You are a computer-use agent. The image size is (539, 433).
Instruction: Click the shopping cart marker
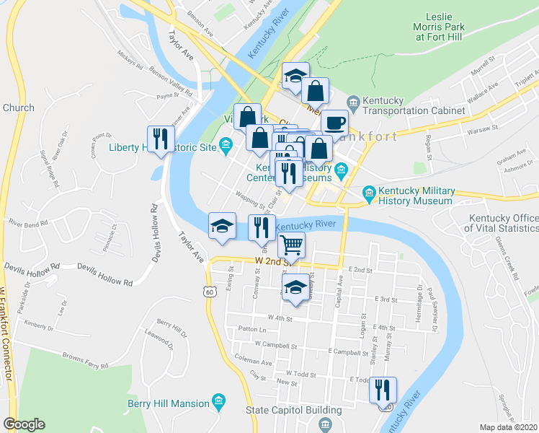pos(291,245)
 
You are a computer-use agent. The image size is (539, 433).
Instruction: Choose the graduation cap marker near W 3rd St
pos(295,287)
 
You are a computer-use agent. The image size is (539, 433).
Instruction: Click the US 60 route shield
pos(209,292)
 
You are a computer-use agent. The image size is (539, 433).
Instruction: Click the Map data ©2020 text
pos(508,427)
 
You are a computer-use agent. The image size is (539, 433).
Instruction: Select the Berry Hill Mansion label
pos(167,403)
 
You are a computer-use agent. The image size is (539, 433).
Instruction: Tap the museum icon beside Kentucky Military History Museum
pos(369,192)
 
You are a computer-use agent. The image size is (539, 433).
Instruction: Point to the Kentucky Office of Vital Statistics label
pos(502,224)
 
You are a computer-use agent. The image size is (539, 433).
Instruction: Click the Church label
pos(18,108)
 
